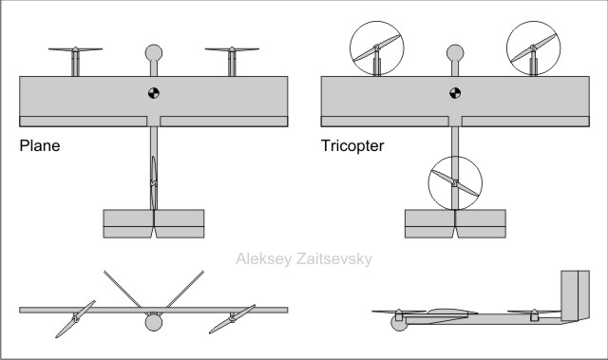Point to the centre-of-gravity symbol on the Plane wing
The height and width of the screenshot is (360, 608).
pyautogui.click(x=153, y=92)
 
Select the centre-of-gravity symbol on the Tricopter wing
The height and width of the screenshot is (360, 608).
pyautogui.click(x=455, y=92)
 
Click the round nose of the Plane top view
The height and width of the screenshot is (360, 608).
pyautogui.click(x=153, y=52)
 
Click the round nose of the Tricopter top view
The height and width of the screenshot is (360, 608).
pyautogui.click(x=455, y=52)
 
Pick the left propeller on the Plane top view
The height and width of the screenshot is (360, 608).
pyautogui.click(x=74, y=51)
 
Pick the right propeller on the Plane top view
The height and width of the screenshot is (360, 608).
pyautogui.click(x=232, y=51)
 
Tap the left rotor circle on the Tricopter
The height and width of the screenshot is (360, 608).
pyautogui.click(x=376, y=47)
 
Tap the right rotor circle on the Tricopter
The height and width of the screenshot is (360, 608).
pyautogui.click(x=534, y=47)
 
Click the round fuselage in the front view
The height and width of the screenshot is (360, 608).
pyautogui.click(x=153, y=323)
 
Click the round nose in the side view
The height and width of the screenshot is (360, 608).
pyautogui.click(x=398, y=323)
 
